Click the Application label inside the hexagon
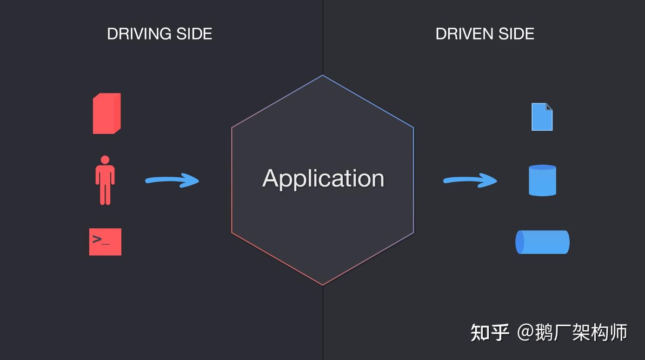point(323,178)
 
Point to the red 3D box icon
point(107,113)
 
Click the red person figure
point(105,181)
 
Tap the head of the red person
point(105,160)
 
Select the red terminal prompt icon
point(105,242)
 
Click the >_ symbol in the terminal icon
point(100,240)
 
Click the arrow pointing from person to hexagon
point(172,180)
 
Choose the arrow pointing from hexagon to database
point(470,180)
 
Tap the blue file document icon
point(542,117)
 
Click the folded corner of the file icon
point(549,107)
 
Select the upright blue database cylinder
point(542,180)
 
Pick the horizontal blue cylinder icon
point(542,242)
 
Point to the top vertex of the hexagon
point(322,75)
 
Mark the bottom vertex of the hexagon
point(322,285)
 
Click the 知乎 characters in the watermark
point(490,333)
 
